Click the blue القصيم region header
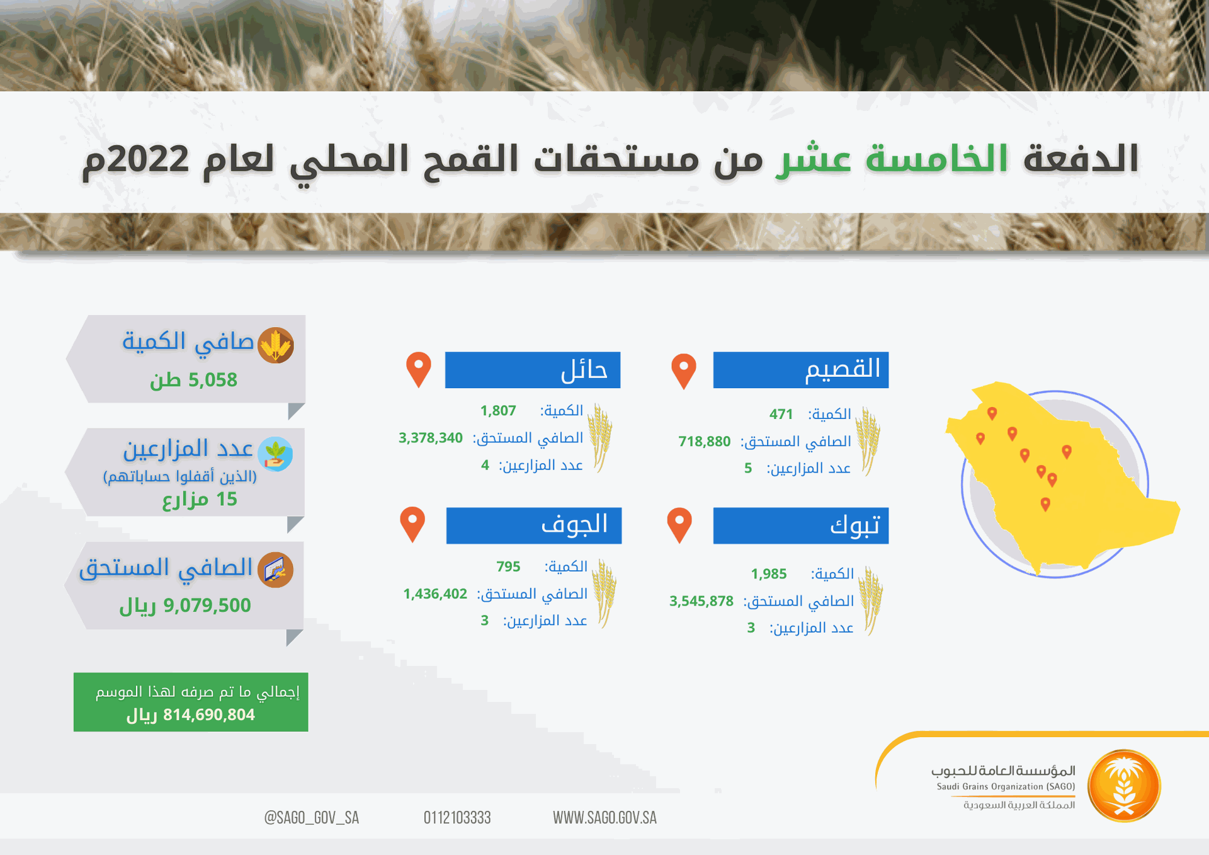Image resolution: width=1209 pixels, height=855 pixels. tap(800, 370)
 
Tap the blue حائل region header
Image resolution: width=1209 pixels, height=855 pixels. tap(532, 370)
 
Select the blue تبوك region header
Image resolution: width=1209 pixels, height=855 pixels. tap(800, 525)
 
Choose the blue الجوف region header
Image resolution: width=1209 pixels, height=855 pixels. tap(533, 525)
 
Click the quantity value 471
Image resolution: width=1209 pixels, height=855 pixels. tap(781, 414)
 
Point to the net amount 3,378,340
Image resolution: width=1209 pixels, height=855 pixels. tap(431, 438)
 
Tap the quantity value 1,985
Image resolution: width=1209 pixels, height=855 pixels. tap(769, 574)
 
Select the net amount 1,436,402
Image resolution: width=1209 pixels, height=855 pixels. tap(435, 594)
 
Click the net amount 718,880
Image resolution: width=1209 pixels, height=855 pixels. tap(705, 441)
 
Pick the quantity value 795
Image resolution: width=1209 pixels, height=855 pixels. tap(508, 566)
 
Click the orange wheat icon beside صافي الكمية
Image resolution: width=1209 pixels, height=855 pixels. tap(276, 345)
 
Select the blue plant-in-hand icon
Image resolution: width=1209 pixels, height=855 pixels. tap(276, 454)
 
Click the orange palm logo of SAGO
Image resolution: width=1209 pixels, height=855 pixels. tap(1124, 786)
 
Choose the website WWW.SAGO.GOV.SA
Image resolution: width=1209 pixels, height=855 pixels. tap(604, 818)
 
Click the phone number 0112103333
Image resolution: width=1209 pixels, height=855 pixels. tap(457, 818)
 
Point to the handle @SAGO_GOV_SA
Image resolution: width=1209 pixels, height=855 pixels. tap(312, 818)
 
